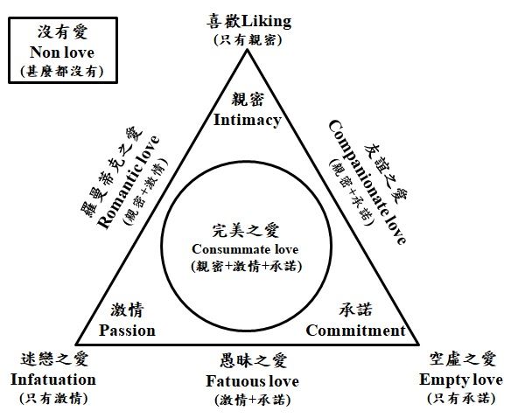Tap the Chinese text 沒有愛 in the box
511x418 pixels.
tap(60, 32)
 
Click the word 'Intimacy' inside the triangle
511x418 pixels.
tap(248, 119)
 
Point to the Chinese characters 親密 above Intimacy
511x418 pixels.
tap(247, 99)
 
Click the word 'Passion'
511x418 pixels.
tap(127, 330)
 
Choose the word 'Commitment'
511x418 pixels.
tap(355, 330)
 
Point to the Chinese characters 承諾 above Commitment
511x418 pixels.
tap(355, 310)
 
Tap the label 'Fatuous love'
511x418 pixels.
tap(252, 381)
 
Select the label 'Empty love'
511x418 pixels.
tap(461, 380)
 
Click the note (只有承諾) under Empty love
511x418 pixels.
tap(461, 399)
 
